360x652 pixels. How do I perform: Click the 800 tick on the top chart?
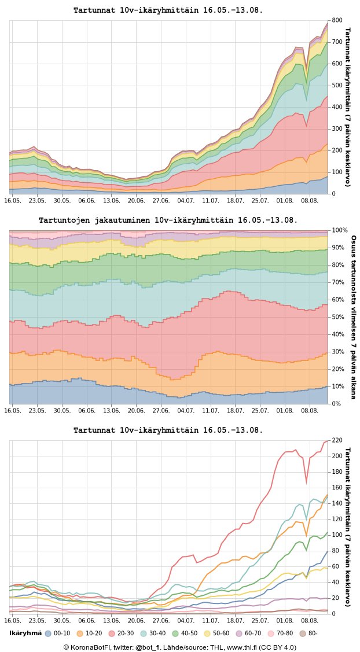(337, 21)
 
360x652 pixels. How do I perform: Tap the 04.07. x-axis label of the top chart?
(186, 200)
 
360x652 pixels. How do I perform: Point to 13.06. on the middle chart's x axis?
(112, 410)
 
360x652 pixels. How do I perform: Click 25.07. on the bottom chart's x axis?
(260, 620)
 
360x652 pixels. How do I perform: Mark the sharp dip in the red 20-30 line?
(306, 482)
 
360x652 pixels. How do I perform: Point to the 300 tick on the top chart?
(337, 129)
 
